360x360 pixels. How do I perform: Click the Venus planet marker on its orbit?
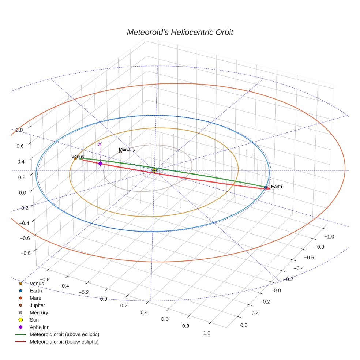point(75,159)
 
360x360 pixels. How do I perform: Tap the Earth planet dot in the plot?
point(266,187)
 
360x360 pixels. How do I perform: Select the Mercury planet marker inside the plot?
point(120,151)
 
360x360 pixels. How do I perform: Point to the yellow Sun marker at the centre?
point(154,170)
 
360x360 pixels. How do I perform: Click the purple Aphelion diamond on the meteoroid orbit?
point(100,164)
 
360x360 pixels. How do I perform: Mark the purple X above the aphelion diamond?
point(100,145)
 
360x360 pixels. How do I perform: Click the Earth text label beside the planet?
point(277,187)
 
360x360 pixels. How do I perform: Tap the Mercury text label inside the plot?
point(127,149)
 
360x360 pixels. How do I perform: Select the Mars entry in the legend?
point(35,298)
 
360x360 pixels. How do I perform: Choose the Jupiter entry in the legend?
point(37,305)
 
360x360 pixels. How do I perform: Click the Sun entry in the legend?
point(34,320)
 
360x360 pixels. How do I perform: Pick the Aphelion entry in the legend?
point(40,327)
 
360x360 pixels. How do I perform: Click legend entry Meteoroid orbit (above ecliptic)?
point(64,334)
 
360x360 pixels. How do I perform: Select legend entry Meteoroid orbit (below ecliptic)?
point(64,342)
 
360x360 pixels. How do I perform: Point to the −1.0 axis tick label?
point(328,237)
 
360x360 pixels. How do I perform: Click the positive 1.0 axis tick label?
point(206,333)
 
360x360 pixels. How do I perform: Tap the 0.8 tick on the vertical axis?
point(19,130)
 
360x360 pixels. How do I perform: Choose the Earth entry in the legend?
point(36,291)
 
